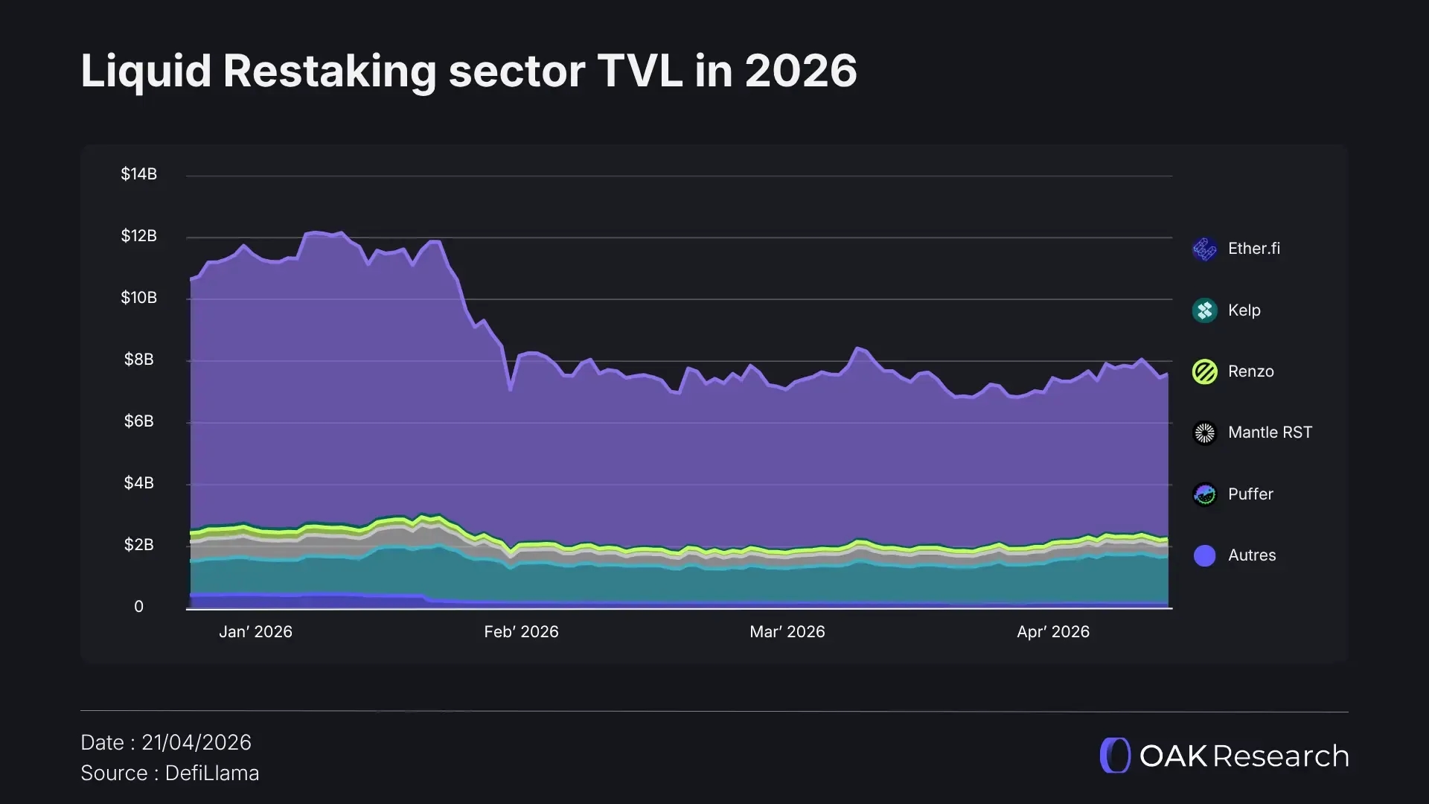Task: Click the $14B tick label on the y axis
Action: (138, 174)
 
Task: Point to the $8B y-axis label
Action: (138, 360)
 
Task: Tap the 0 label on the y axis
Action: (138, 607)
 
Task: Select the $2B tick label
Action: (138, 545)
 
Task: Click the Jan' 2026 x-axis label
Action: (255, 632)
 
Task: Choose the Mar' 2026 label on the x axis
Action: (787, 632)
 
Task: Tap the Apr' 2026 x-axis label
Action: (1052, 632)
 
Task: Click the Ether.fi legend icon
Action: (1204, 249)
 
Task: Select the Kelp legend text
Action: (1244, 310)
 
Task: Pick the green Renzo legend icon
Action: (1204, 371)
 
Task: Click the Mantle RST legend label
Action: (1270, 433)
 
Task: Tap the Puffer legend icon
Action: (1204, 494)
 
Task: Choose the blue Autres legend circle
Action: (1204, 555)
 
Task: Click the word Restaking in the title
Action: (329, 71)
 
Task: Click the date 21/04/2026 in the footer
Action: (196, 743)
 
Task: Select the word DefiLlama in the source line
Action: (212, 773)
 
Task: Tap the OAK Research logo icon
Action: (1115, 756)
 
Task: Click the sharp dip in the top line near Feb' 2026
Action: (511, 389)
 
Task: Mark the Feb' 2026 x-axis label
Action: (521, 632)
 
